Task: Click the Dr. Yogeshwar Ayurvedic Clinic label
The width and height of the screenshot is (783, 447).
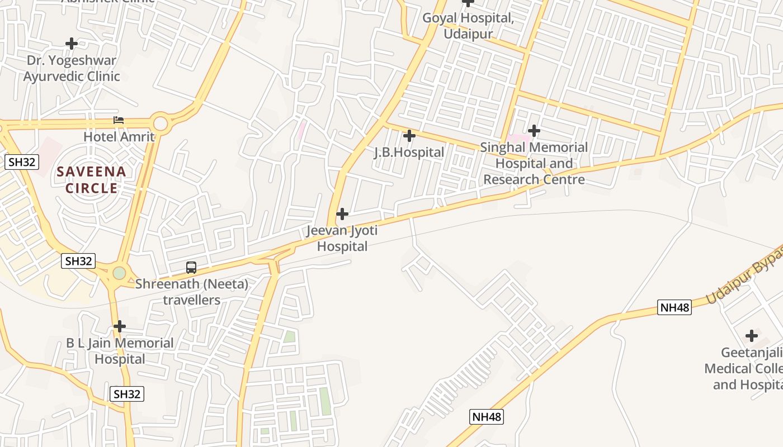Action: (72, 68)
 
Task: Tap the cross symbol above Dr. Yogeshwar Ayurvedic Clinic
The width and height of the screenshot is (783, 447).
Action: (72, 43)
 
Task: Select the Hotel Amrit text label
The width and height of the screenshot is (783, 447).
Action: (119, 136)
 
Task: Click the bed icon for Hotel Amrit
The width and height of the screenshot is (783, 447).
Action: (118, 120)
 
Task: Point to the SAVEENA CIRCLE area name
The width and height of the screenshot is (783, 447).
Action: (91, 179)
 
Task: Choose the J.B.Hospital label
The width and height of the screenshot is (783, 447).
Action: (409, 152)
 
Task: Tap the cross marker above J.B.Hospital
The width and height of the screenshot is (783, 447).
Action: (409, 136)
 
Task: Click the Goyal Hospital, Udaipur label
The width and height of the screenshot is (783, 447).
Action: (468, 26)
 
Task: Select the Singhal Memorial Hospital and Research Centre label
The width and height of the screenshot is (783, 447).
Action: (534, 163)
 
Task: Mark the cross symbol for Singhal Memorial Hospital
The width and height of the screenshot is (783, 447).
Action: (534, 131)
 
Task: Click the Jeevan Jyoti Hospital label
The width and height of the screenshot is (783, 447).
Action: (342, 238)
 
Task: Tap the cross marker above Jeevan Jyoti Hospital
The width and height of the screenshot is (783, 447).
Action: (342, 214)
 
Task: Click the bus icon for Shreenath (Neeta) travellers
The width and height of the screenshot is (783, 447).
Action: (191, 268)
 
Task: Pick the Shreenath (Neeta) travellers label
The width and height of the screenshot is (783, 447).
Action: (192, 292)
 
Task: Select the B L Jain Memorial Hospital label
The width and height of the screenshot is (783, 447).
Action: (120, 351)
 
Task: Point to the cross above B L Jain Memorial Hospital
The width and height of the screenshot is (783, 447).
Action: (120, 326)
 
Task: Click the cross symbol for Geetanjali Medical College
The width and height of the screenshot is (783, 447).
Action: (752, 336)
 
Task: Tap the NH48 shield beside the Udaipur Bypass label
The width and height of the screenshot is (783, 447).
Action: (674, 307)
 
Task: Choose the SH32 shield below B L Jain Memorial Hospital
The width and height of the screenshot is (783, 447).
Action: (127, 394)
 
